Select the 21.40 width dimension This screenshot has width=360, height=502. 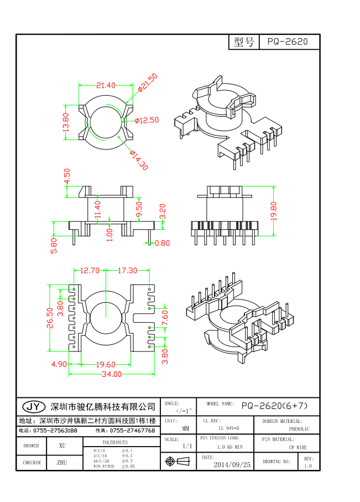coord(106,85)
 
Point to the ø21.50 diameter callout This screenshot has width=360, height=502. coord(148,82)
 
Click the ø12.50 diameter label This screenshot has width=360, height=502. coord(147,120)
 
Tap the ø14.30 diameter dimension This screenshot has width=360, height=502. coord(139,160)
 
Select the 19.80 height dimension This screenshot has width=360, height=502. coord(274,211)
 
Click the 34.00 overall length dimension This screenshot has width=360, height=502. coord(111,374)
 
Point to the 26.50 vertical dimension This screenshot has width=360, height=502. coord(50,318)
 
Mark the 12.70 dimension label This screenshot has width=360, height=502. coord(90,271)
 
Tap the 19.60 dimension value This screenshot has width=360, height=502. coord(105,364)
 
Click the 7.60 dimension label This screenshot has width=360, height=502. coord(164,319)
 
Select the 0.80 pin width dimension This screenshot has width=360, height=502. coord(163,243)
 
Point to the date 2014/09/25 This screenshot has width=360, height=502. coord(232,465)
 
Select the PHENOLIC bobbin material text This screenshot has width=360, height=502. coord(299,429)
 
